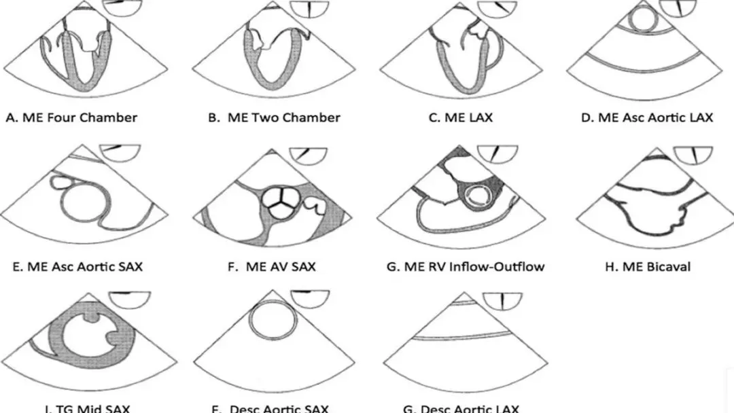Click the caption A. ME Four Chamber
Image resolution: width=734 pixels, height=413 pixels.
71,118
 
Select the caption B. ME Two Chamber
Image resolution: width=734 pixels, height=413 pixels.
274,118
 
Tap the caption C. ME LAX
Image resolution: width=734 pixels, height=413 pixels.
461,118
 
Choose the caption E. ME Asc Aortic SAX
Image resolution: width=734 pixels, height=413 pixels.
77,266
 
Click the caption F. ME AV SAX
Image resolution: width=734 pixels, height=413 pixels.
272,266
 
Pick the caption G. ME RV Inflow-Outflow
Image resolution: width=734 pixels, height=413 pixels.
466,266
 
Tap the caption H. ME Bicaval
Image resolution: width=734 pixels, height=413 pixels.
648,266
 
